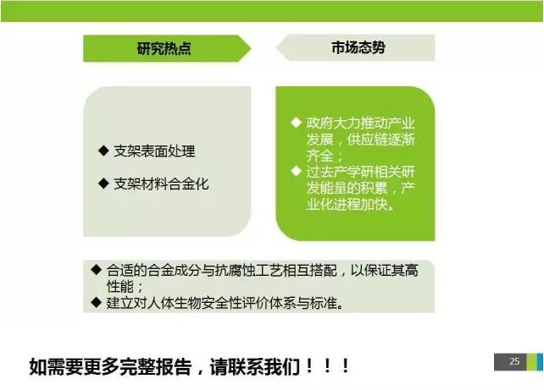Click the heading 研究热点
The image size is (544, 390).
click(164, 48)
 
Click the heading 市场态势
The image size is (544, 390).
click(358, 47)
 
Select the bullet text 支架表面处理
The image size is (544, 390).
click(154, 151)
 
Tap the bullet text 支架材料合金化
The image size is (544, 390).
click(161, 184)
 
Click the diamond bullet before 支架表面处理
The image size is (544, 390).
click(103, 151)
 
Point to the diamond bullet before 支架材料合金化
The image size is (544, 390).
click(103, 183)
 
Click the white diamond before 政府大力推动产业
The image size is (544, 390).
click(296, 123)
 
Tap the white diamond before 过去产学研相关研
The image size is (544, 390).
click(296, 171)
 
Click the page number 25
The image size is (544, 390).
click(514, 361)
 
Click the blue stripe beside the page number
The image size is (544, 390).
click(540, 362)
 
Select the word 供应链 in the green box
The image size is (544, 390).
click(367, 140)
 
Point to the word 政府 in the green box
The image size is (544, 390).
click(319, 124)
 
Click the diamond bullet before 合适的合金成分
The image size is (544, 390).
click(96, 270)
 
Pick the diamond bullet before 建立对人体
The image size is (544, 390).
click(96, 302)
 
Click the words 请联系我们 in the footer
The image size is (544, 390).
click(255, 367)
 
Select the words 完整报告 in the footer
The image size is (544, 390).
click(155, 367)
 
